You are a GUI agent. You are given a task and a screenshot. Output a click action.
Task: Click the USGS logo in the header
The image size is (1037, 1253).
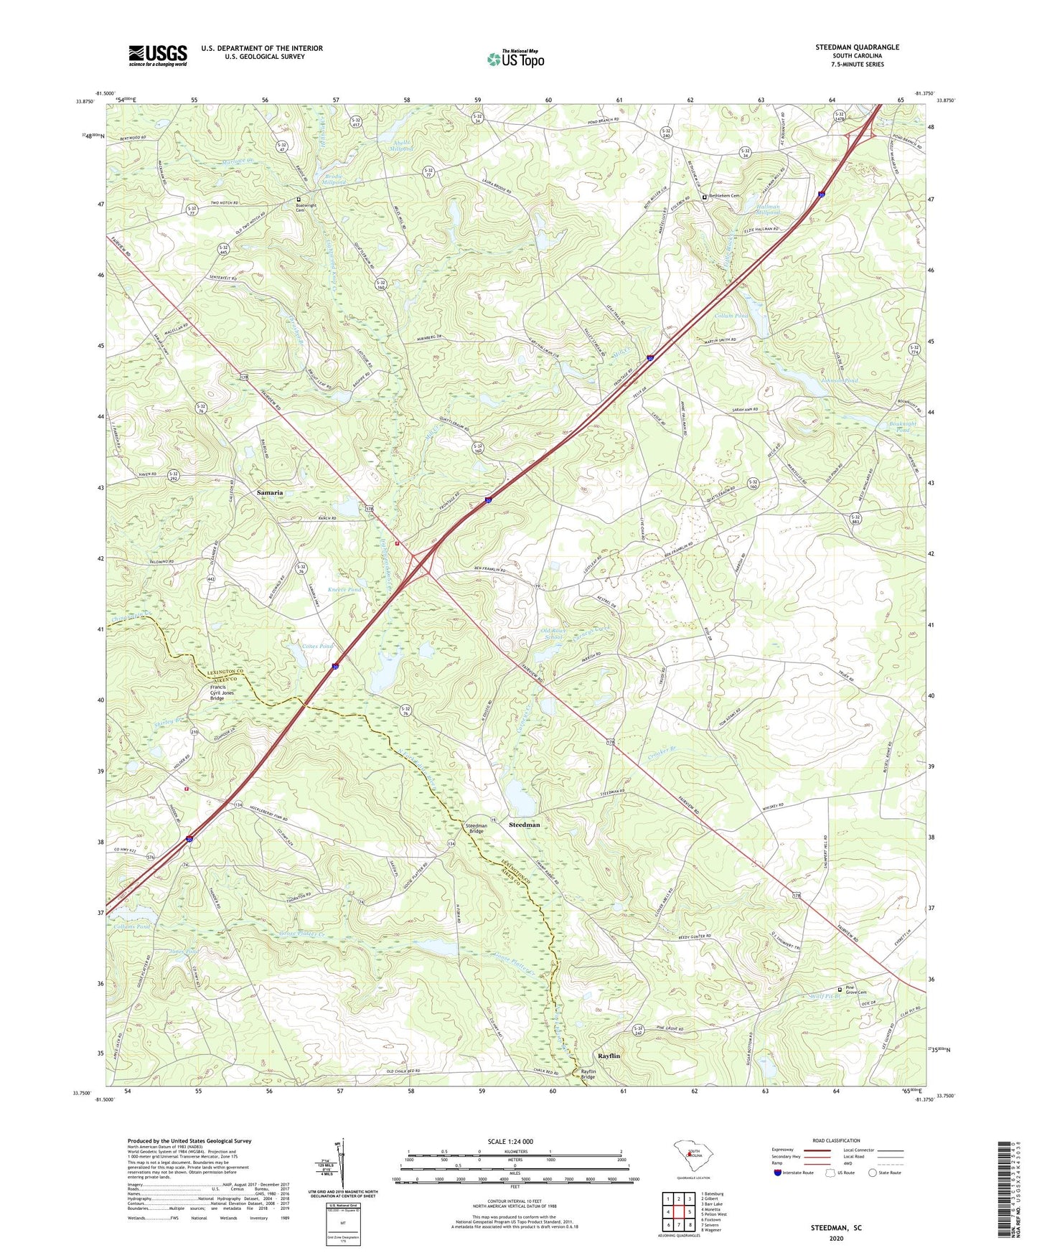point(157,55)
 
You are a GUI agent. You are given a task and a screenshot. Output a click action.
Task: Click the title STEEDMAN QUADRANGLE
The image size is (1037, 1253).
point(857,47)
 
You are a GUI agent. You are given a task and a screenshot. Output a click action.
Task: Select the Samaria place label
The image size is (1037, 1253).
point(270,493)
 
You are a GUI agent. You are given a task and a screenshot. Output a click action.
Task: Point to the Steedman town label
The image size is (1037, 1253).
point(524,825)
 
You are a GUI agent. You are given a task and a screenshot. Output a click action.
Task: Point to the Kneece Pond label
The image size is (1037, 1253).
point(344,589)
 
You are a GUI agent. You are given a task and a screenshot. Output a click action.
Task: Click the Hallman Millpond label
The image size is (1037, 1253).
point(767,210)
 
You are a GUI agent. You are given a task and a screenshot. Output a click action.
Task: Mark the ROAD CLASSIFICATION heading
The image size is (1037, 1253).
point(835,1140)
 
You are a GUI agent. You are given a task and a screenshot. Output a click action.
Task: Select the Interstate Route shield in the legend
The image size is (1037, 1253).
point(778,1173)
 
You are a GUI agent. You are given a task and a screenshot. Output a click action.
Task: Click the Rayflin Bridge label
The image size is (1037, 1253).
point(588,1074)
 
